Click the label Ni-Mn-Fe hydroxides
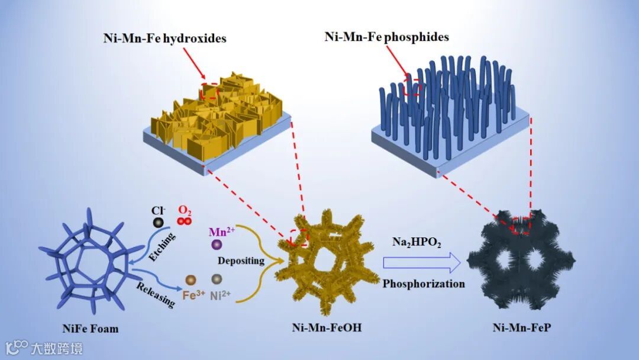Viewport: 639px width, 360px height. pyautogui.click(x=163, y=38)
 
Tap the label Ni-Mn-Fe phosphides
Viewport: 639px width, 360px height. pyautogui.click(x=387, y=37)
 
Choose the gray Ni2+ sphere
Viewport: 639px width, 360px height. pyautogui.click(x=217, y=279)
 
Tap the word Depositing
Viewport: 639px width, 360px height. pyautogui.click(x=237, y=261)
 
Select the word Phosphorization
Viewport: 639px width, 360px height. pyautogui.click(x=423, y=284)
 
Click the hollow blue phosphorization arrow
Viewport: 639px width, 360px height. pyautogui.click(x=422, y=262)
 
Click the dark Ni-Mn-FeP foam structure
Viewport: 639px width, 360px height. pyautogui.click(x=521, y=261)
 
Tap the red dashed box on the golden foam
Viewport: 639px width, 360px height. pyautogui.click(x=299, y=237)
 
